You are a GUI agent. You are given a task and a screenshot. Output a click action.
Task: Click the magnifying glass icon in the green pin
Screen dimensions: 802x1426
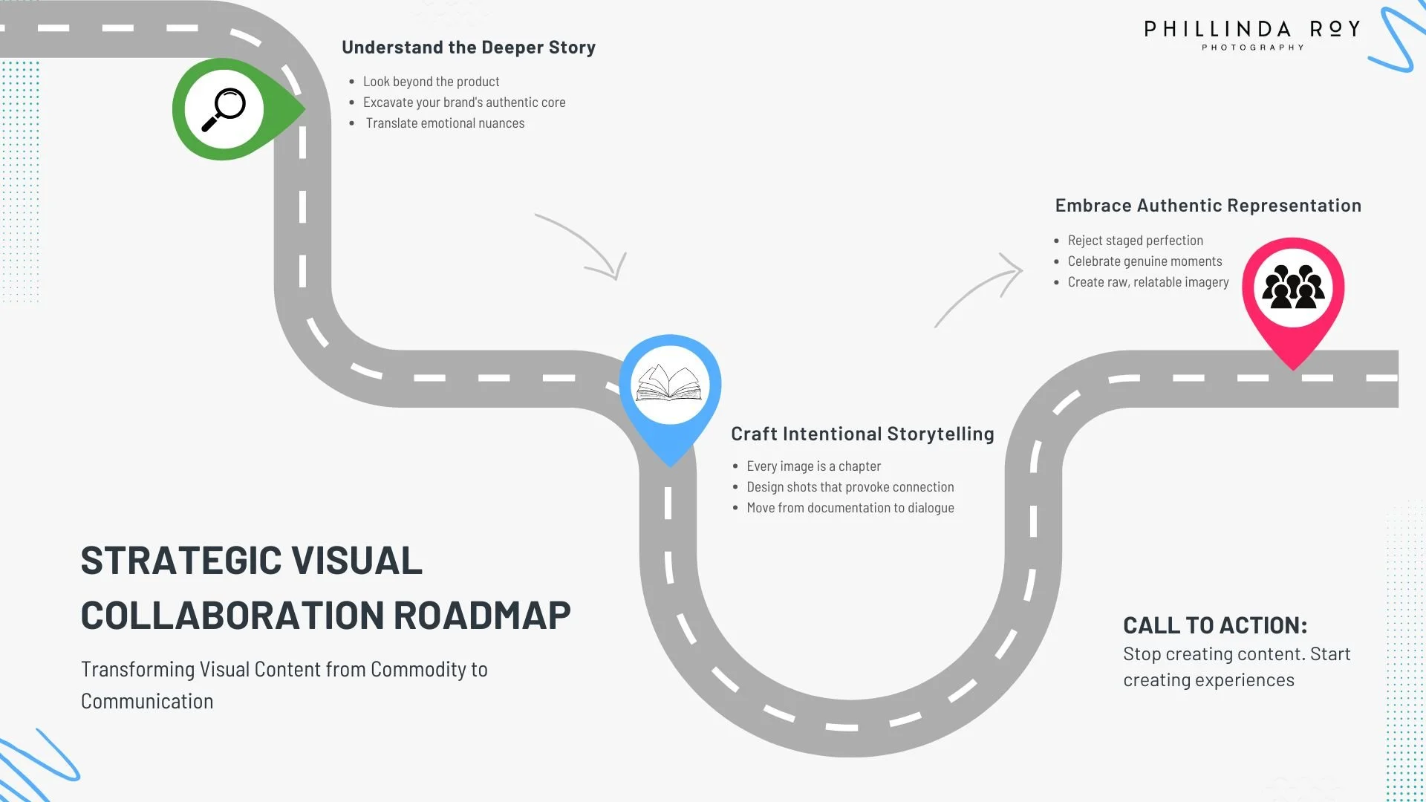coord(224,109)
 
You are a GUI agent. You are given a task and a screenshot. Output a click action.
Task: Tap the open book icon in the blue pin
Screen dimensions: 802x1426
coord(669,384)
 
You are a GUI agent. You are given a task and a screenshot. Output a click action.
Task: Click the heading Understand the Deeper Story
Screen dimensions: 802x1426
coord(468,48)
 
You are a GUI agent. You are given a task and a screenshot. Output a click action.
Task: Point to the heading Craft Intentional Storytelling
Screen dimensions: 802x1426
coord(862,434)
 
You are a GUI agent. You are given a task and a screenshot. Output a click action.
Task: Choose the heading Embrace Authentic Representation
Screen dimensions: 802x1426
coord(1208,206)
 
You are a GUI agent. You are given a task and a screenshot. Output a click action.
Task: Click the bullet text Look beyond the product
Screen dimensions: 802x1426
coord(431,82)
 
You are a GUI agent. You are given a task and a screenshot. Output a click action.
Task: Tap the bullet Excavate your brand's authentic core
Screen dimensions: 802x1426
coord(463,102)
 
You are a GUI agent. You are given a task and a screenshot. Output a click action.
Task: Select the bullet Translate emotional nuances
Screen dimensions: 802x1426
coord(444,123)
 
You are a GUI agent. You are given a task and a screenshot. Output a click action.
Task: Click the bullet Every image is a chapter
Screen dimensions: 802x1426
coord(813,466)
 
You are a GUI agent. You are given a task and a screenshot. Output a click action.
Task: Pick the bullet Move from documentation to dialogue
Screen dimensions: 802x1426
coord(850,508)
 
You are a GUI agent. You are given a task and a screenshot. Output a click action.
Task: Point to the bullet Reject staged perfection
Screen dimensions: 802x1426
coord(1135,241)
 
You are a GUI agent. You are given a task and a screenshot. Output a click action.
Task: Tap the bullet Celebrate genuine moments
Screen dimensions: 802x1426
coord(1145,261)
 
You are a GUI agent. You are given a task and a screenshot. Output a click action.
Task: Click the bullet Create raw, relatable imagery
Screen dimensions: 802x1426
coord(1147,282)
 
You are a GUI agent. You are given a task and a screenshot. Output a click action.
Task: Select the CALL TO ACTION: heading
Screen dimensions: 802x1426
coord(1214,625)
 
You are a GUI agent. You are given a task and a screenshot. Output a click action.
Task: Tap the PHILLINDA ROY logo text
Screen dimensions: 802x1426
coord(1251,29)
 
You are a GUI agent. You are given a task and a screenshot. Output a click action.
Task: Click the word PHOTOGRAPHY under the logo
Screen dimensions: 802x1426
coord(1252,48)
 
